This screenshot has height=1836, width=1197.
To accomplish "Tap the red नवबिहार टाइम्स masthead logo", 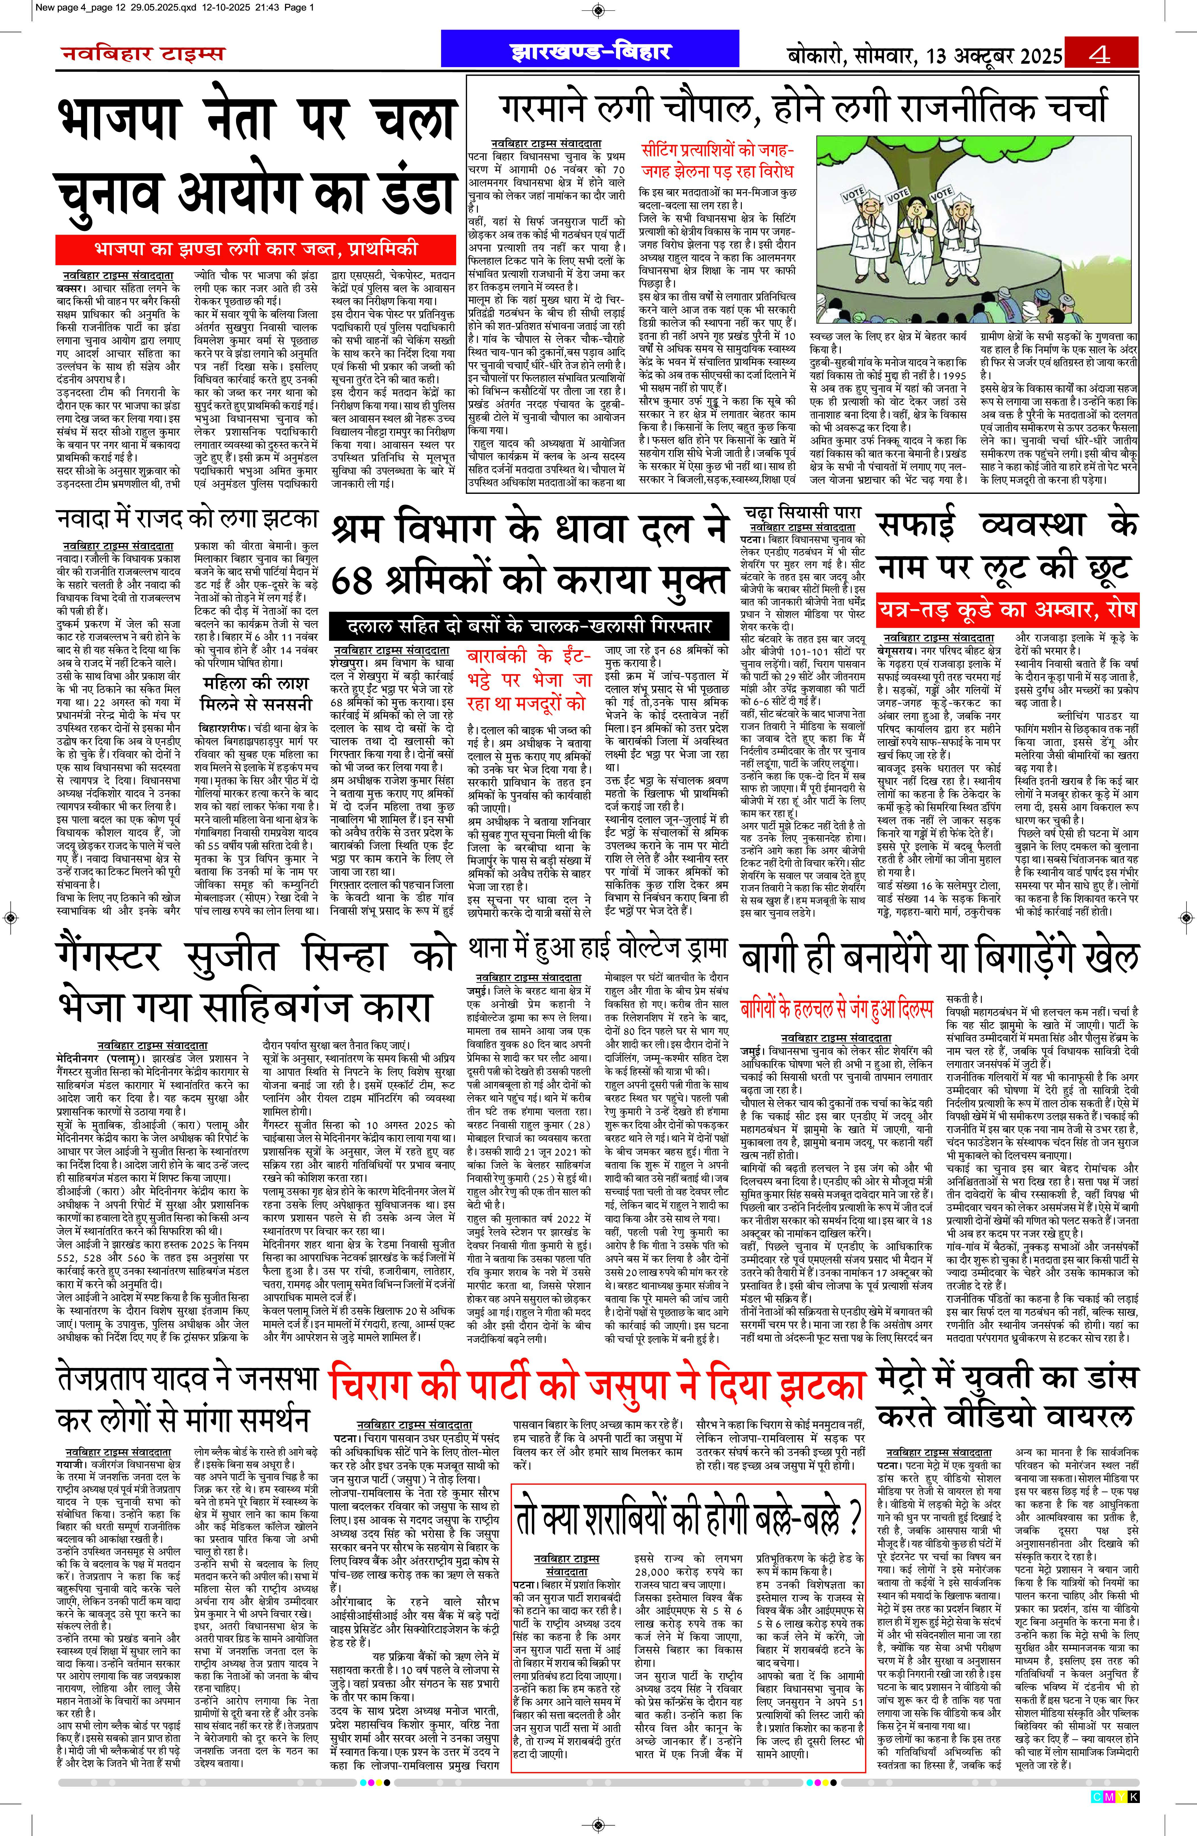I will tap(143, 54).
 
